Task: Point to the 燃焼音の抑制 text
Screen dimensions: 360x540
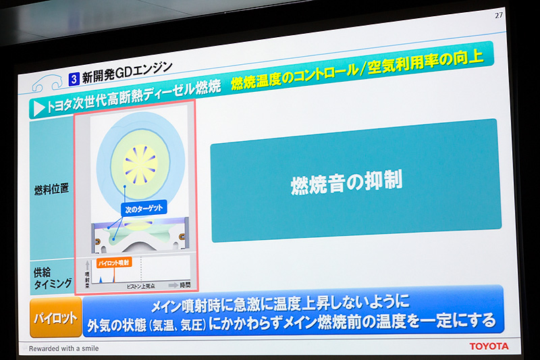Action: [x=346, y=182]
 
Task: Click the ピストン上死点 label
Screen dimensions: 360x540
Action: [x=141, y=287]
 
